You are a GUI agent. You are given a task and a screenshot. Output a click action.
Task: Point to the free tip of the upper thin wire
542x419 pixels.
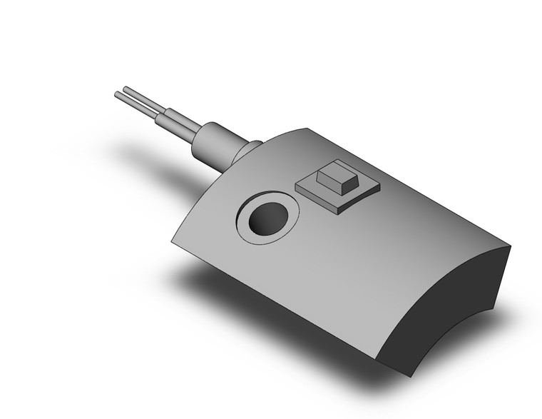click(126, 89)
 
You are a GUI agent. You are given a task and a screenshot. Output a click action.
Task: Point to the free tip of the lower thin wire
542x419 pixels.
click(117, 94)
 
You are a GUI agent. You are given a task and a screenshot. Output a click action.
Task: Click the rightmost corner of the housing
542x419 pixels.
click(511, 246)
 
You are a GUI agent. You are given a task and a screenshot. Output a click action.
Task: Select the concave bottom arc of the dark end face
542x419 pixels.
click(442, 343)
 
